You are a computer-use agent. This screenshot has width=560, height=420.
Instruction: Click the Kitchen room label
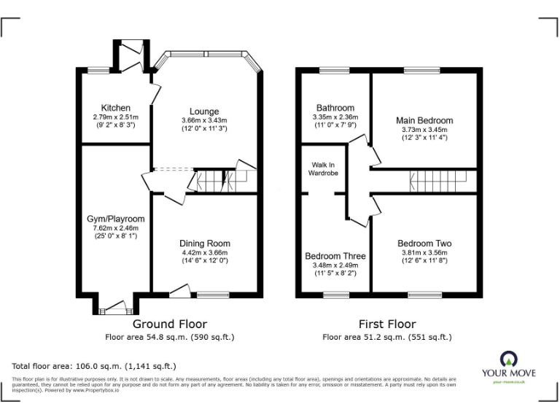[x=116, y=108]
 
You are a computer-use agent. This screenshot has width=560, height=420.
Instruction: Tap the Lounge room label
[x=204, y=112]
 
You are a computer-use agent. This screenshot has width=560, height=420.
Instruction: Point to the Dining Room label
[x=205, y=244]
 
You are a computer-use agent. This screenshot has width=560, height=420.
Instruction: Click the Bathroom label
[x=335, y=108]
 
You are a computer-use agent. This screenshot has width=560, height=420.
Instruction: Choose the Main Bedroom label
[x=424, y=120]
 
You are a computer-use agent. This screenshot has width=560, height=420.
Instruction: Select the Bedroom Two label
[x=424, y=244]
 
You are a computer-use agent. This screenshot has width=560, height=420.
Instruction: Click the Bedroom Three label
[x=335, y=256]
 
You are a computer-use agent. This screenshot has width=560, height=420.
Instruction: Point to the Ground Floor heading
[x=169, y=324]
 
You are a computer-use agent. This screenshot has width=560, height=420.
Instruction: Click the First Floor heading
[x=387, y=324]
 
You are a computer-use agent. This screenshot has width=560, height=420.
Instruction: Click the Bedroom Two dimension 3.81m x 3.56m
[x=424, y=253]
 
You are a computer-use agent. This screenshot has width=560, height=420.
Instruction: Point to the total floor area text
[x=94, y=366]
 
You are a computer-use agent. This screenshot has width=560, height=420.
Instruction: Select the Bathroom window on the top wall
[x=334, y=70]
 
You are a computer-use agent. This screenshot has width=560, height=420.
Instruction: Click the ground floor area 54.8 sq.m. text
[x=169, y=337]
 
